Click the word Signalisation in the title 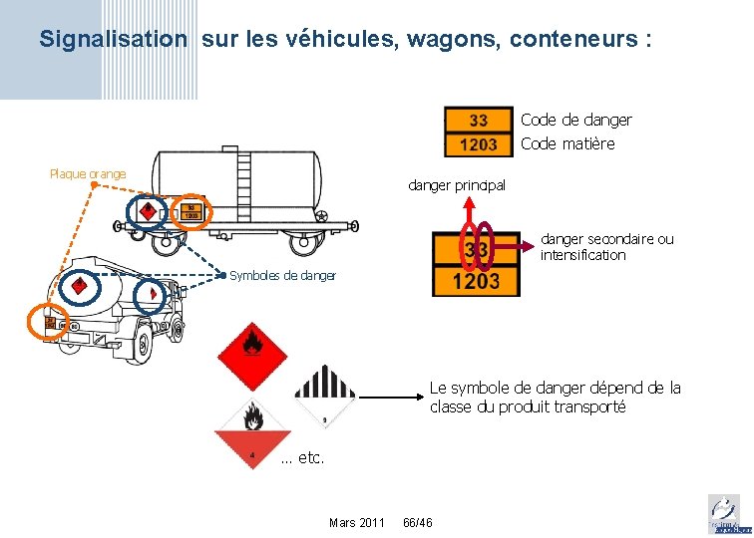[113, 40]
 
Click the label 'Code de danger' [576, 120]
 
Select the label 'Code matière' [567, 143]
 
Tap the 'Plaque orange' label [88, 174]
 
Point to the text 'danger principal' [457, 185]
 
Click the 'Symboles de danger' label [282, 275]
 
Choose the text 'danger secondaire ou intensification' [606, 247]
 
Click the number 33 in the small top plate [479, 121]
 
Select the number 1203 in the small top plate [479, 143]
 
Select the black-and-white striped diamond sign [326, 398]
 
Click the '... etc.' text [303, 459]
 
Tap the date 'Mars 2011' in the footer [356, 522]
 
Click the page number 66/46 [417, 522]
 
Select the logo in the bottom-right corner [724, 514]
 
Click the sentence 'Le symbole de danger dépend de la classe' [555, 397]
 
